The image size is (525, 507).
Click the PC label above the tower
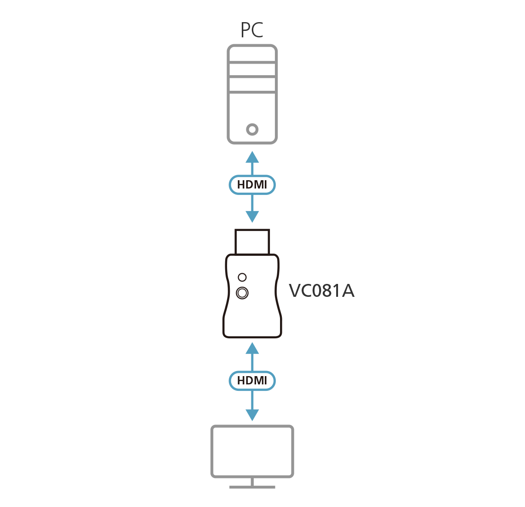(x=252, y=31)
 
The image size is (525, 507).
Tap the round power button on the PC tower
(x=252, y=130)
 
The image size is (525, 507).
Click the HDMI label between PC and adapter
(x=252, y=185)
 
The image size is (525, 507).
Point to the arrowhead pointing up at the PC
(x=252, y=157)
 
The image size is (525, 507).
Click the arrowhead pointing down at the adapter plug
(x=252, y=217)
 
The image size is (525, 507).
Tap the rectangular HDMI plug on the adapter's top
(x=252, y=241)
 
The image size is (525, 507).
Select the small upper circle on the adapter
(x=242, y=277)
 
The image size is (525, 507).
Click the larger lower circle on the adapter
(x=242, y=292)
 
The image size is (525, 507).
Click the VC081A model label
(x=321, y=291)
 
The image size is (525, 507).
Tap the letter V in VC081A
(x=295, y=291)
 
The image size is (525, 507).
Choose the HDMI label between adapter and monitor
(x=252, y=381)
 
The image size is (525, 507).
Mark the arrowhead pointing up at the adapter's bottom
(x=252, y=348)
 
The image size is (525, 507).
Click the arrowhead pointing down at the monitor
(x=252, y=415)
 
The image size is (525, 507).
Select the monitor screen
(x=252, y=451)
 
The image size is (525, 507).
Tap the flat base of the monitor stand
(x=252, y=486)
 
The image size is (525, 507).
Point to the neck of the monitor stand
(x=252, y=481)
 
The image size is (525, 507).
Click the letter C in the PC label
(x=257, y=31)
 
